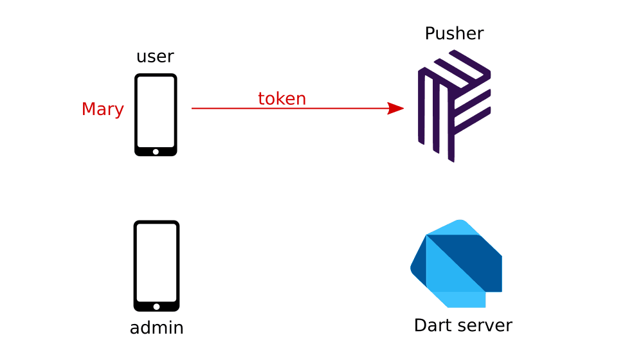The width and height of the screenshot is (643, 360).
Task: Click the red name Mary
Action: pyautogui.click(x=102, y=109)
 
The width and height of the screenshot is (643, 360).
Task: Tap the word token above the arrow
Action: pyautogui.click(x=282, y=98)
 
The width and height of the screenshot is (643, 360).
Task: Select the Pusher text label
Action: pyautogui.click(x=454, y=33)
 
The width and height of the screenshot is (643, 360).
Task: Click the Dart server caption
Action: pyautogui.click(x=462, y=325)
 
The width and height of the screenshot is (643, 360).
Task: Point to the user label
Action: pyautogui.click(x=155, y=57)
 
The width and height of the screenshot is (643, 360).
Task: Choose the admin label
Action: pyautogui.click(x=156, y=328)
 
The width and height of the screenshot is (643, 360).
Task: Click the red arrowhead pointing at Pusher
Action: pyautogui.click(x=396, y=108)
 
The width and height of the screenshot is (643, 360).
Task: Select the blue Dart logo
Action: pyautogui.click(x=456, y=264)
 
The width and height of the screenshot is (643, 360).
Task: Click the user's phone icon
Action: pyautogui.click(x=156, y=114)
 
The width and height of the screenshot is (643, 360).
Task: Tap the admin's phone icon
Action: pyautogui.click(x=156, y=265)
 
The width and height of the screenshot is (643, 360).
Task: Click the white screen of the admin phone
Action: pyautogui.click(x=156, y=262)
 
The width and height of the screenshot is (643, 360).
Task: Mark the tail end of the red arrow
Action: pyautogui.click(x=194, y=108)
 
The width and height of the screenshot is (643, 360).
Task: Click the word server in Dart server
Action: pyautogui.click(x=484, y=325)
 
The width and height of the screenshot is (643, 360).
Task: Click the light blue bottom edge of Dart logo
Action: pyautogui.click(x=460, y=300)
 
